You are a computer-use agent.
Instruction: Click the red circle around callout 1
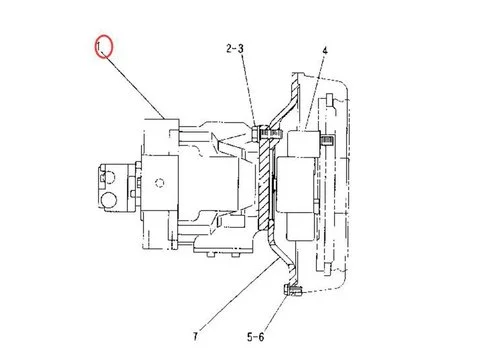(105, 47)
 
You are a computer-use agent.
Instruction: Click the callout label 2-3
(237, 49)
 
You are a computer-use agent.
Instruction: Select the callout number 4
(324, 49)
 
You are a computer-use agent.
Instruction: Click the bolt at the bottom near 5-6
(293, 291)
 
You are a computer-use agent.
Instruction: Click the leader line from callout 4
(317, 95)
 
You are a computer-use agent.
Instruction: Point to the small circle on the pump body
(161, 181)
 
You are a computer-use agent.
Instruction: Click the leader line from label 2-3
(250, 90)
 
